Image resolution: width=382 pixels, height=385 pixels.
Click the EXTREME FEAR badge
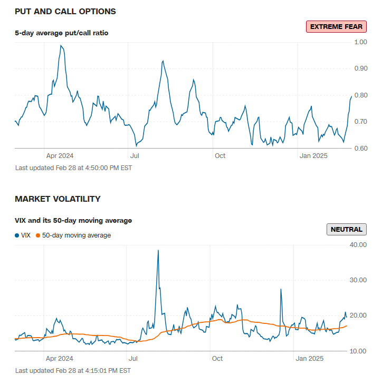click(336, 27)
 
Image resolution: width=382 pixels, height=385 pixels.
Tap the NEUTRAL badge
click(346, 229)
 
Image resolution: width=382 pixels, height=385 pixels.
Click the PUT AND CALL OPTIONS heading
click(65, 11)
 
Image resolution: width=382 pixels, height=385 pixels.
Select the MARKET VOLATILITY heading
click(58, 199)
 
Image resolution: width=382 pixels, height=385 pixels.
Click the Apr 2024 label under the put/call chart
click(60, 156)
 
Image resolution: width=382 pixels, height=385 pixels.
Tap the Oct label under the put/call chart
click(220, 156)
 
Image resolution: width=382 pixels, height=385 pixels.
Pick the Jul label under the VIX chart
click(134, 359)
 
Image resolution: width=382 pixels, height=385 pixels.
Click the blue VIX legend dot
click(17, 235)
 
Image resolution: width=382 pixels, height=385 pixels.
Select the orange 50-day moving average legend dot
click(38, 235)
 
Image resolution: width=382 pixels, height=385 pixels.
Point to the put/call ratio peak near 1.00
click(62, 46)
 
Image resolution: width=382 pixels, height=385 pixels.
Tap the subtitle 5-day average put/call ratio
click(61, 33)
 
